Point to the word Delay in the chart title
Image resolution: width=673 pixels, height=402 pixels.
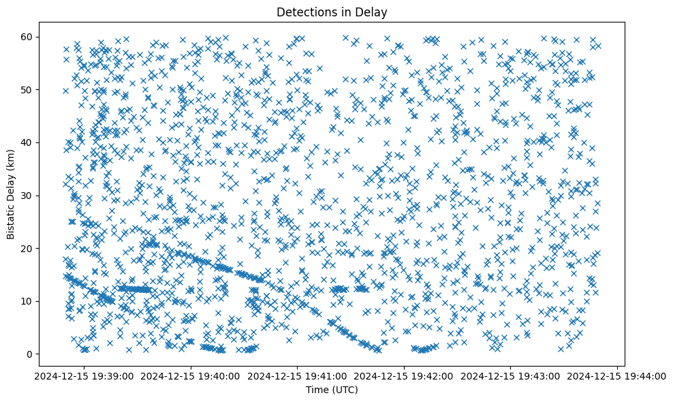[x=372, y=12]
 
